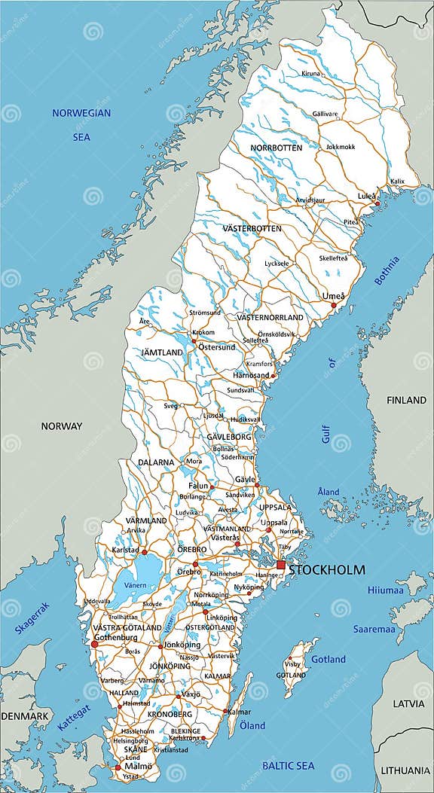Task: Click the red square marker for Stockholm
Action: [281, 565]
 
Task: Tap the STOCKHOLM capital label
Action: [326, 570]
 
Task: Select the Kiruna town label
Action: [310, 74]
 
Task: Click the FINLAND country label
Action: [406, 401]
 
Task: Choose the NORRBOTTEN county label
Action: [277, 148]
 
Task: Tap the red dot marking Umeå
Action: [333, 305]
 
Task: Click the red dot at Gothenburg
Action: [95, 644]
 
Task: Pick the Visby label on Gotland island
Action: [292, 664]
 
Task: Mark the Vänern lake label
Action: [136, 584]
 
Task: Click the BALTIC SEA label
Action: [289, 765]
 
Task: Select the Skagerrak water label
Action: [31, 618]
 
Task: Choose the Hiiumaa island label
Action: [385, 590]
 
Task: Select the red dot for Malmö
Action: [117, 768]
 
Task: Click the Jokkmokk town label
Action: [341, 147]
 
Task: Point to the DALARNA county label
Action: [156, 462]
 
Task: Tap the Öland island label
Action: [252, 725]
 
